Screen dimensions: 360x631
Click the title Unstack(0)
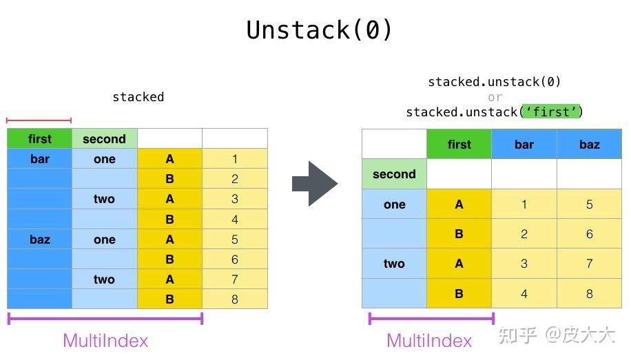tap(320, 30)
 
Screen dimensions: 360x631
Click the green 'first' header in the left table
tap(39, 139)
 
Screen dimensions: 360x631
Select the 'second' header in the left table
tap(104, 139)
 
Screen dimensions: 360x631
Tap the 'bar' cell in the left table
tap(39, 159)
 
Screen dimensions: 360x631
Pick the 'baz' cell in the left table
tap(39, 240)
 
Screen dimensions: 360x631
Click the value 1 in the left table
tap(234, 159)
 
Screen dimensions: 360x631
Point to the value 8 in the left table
tap(234, 299)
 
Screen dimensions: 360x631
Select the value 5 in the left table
tap(234, 240)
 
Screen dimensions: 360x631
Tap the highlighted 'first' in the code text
tap(551, 112)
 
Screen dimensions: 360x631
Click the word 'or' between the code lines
tap(495, 97)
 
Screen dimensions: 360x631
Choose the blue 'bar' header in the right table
tap(524, 145)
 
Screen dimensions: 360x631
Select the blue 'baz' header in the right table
tap(589, 145)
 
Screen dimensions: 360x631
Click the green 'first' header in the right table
tap(459, 145)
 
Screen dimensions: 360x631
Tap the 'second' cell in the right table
tap(394, 174)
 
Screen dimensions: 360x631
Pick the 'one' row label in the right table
tap(394, 204)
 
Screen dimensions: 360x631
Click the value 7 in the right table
tap(589, 264)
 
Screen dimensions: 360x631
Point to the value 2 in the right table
tap(524, 234)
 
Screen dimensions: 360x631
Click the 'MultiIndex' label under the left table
tap(105, 340)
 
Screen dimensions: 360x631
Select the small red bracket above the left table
tap(39, 120)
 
